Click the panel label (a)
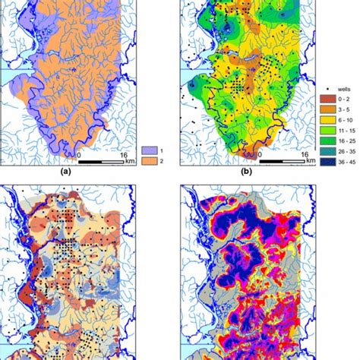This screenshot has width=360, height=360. pos(89,172)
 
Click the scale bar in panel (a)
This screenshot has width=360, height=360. pos(106,162)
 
